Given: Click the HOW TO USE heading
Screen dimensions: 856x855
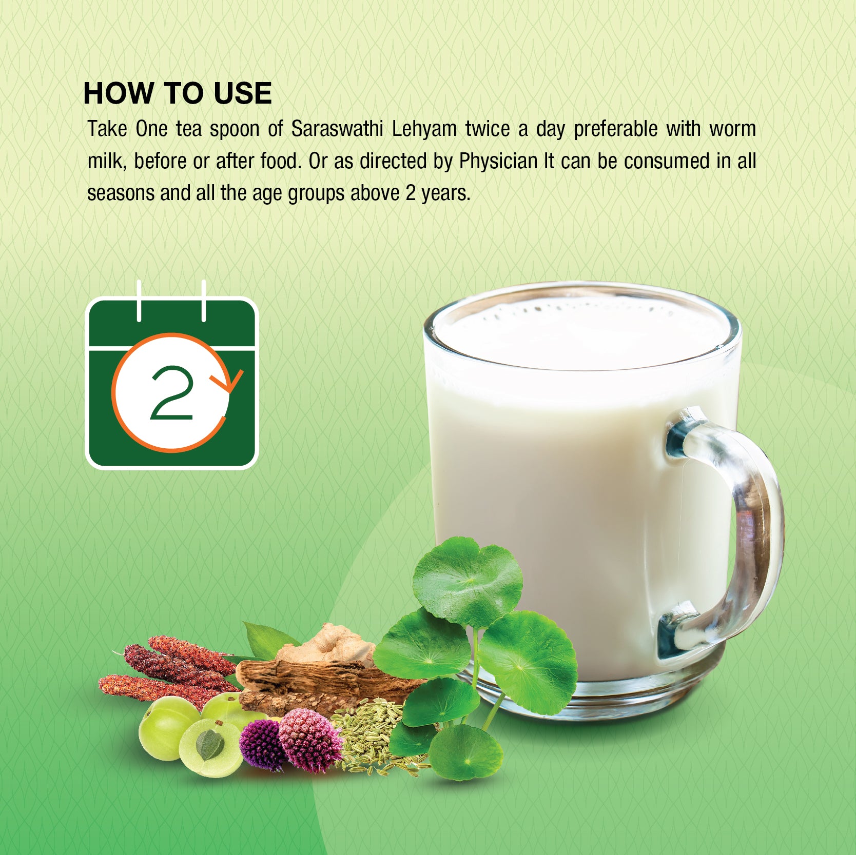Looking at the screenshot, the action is [178, 93].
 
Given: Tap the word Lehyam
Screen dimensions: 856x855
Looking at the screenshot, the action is [424, 129].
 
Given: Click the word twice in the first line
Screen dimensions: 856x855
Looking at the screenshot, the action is [488, 129].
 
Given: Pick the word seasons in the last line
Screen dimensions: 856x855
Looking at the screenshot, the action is [121, 194].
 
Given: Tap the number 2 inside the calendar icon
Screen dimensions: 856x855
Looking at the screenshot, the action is [171, 392].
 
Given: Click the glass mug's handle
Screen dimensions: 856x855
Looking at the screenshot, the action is [739, 528].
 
